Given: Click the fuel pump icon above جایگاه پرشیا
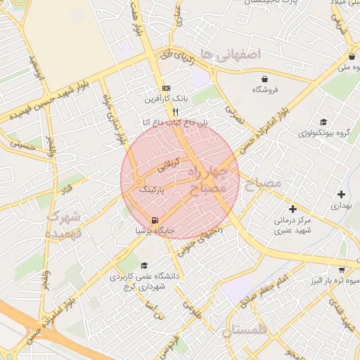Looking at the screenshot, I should (x=155, y=220).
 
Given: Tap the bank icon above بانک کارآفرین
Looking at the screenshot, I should (x=166, y=88).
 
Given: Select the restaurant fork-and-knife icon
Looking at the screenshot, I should (x=175, y=111).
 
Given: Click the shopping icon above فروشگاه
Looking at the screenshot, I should (x=264, y=79).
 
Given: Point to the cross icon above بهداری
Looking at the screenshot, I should (x=341, y=194).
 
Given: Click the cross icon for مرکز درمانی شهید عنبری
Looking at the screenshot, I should (x=293, y=209).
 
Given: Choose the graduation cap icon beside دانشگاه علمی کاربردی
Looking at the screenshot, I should (x=144, y=266).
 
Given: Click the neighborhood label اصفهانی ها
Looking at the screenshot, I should (x=229, y=54).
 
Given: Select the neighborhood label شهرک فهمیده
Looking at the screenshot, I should (x=65, y=225).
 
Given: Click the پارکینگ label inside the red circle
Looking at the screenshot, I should (x=153, y=190).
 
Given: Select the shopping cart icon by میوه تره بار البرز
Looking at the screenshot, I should (x=342, y=269).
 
